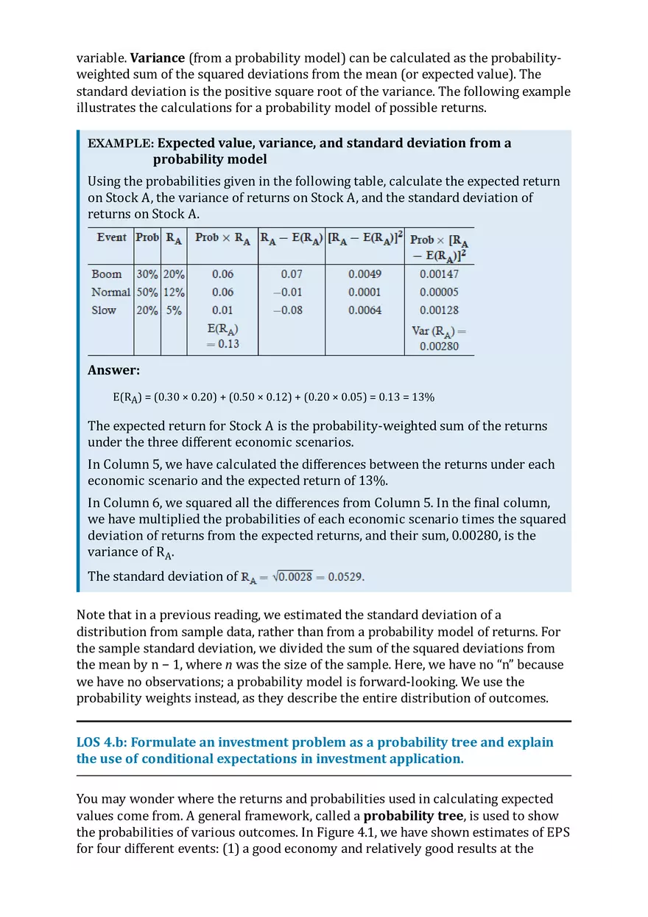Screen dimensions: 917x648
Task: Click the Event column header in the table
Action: (x=111, y=237)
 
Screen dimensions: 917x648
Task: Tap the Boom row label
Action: (x=107, y=273)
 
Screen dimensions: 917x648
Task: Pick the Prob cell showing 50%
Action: (x=147, y=292)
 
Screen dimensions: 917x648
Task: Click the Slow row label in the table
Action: (x=104, y=310)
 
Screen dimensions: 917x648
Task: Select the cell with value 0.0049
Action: (x=364, y=273)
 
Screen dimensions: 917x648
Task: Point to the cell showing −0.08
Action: (x=287, y=310)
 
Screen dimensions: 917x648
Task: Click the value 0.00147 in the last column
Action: (x=439, y=273)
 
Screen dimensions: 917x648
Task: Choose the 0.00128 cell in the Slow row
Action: (x=439, y=310)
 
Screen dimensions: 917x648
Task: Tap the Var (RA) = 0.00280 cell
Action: (x=439, y=338)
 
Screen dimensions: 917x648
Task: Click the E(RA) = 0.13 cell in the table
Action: (x=222, y=336)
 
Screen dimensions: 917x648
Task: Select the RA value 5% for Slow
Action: (x=174, y=310)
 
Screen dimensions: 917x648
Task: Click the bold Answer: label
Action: (x=113, y=371)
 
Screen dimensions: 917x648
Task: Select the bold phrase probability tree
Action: (x=412, y=816)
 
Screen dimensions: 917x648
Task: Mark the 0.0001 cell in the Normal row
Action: (x=364, y=292)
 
